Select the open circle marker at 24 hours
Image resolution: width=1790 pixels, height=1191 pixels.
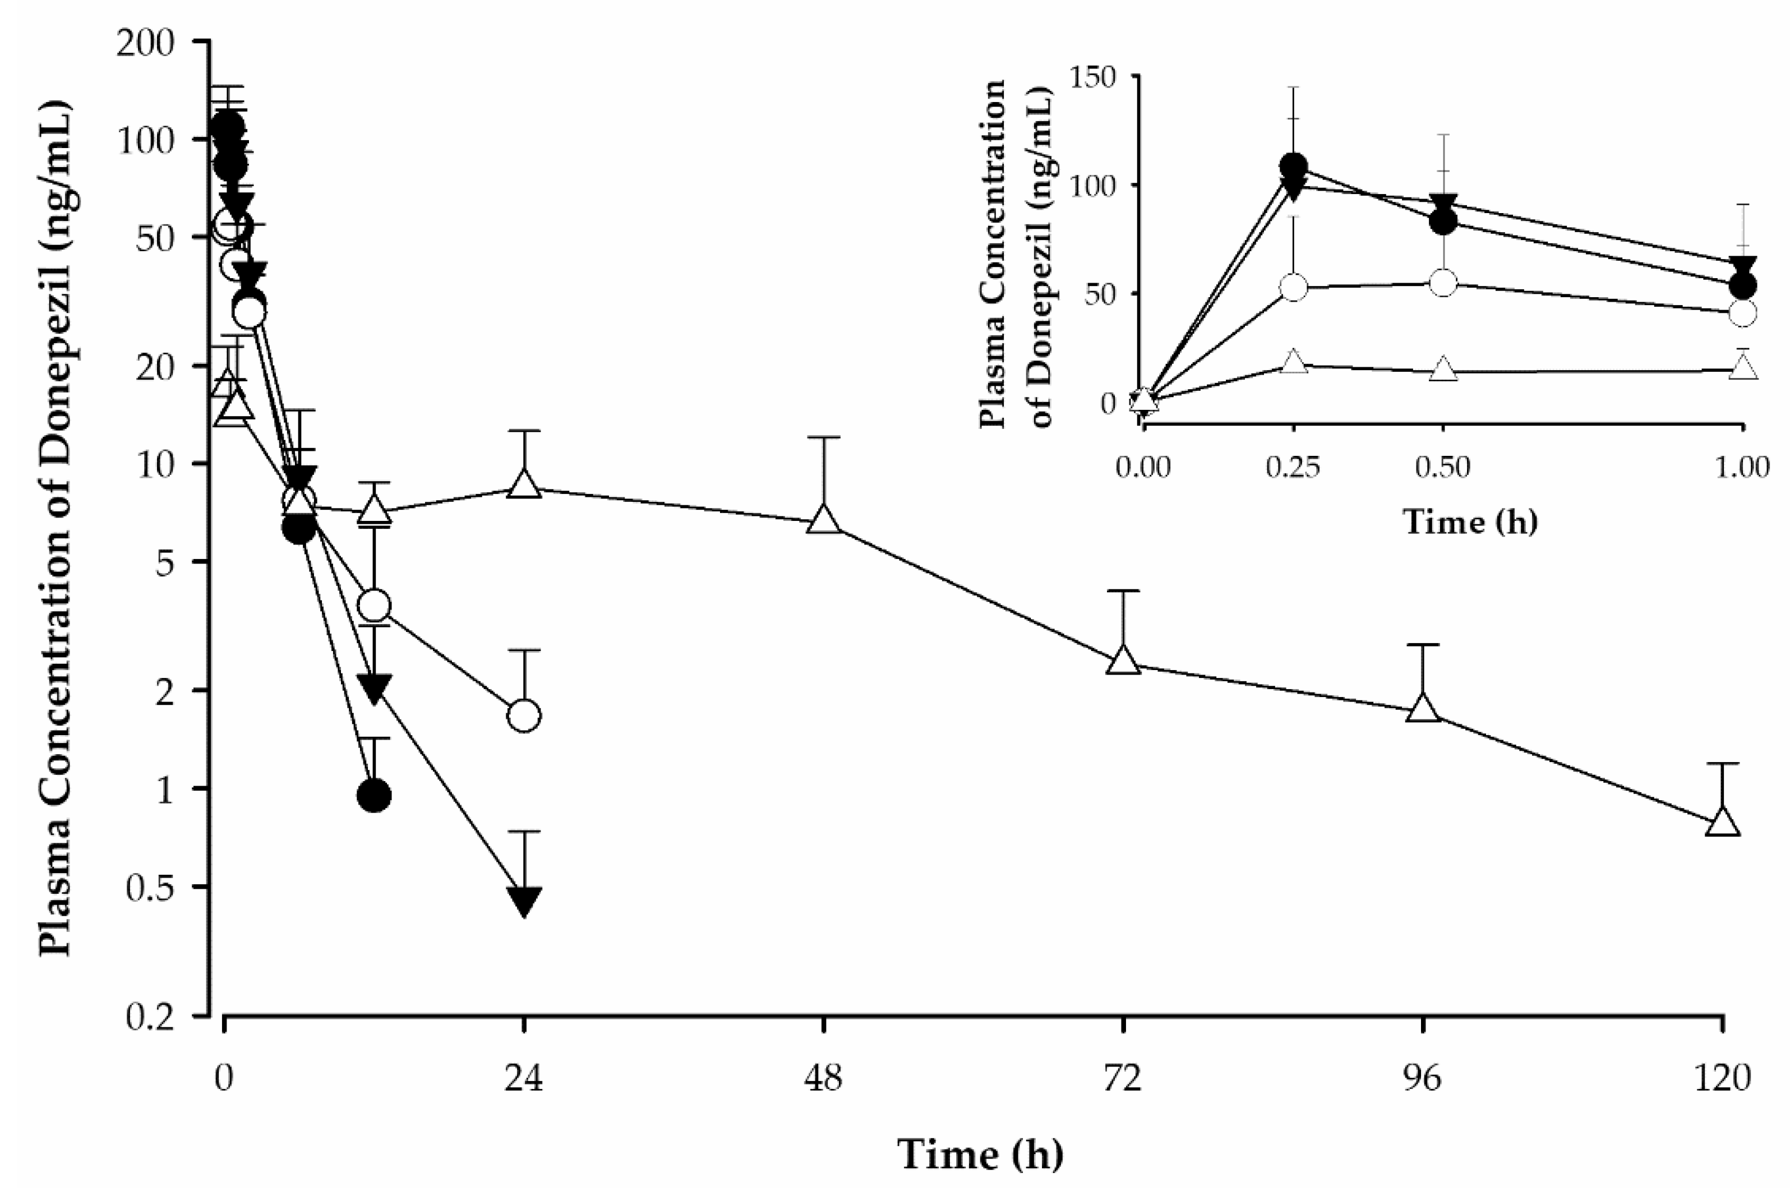pyautogui.click(x=524, y=715)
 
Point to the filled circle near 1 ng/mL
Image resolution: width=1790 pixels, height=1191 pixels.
pyautogui.click(x=373, y=795)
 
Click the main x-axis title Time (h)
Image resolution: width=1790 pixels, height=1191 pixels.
pyautogui.click(x=980, y=1155)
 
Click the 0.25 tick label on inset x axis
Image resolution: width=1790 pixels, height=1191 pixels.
pyautogui.click(x=1293, y=467)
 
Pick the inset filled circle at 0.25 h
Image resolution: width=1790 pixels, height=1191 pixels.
pyautogui.click(x=1293, y=167)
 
